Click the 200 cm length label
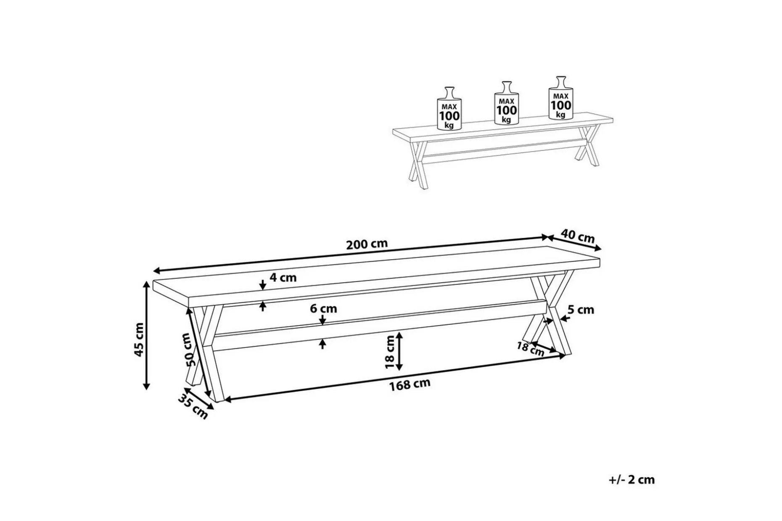[x=367, y=244]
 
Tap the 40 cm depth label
[x=578, y=237]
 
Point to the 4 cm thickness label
[x=283, y=278]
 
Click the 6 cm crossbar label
[x=323, y=309]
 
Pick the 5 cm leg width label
[x=581, y=310]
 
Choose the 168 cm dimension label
[x=409, y=384]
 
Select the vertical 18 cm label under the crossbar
[x=390, y=352]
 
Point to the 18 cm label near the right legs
[x=530, y=348]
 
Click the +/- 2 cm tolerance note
[x=631, y=480]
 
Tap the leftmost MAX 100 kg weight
[x=449, y=109]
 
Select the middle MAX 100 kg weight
[x=506, y=103]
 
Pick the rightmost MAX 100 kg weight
[x=561, y=98]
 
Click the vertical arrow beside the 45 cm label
[x=147, y=335]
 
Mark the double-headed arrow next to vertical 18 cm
[x=399, y=351]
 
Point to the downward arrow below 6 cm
[x=323, y=320]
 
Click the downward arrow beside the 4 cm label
[x=263, y=285]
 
